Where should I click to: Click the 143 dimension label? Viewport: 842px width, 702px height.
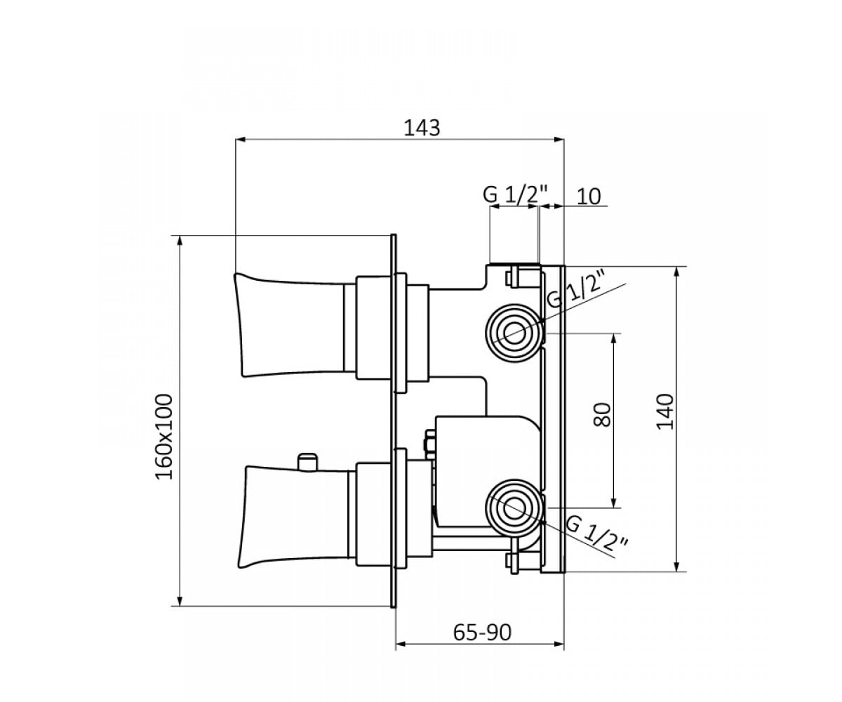(422, 128)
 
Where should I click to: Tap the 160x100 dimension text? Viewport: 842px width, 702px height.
(164, 437)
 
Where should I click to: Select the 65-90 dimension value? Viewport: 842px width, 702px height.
(482, 633)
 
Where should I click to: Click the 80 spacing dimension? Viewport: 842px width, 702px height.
(603, 415)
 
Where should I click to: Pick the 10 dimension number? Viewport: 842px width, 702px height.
(589, 197)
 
